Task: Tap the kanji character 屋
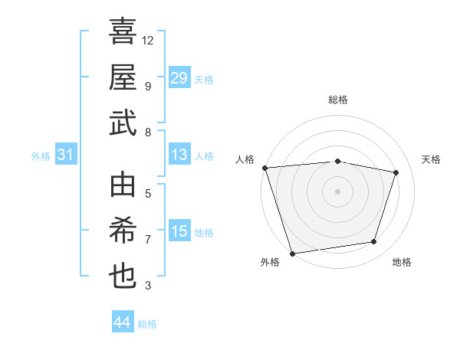point(123,77)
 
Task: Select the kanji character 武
point(123,123)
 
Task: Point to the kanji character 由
point(123,186)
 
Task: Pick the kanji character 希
point(123,232)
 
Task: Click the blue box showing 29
point(179,78)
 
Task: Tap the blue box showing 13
point(179,155)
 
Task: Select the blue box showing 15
point(179,232)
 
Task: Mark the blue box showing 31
point(66,155)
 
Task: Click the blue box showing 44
point(123,322)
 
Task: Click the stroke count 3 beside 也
point(148,286)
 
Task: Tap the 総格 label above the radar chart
point(337,100)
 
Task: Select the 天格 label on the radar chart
point(432,159)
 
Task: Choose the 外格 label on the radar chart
point(270,262)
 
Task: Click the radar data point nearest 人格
point(264,168)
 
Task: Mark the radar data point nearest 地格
point(374,242)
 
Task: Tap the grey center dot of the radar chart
point(337,191)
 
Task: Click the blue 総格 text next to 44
point(147,324)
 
